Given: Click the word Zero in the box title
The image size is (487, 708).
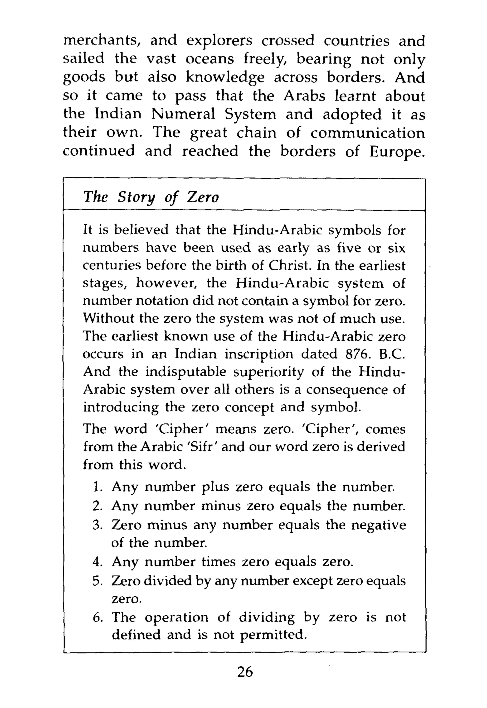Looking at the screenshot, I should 203,197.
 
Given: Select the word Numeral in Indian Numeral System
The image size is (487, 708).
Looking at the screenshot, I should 183,114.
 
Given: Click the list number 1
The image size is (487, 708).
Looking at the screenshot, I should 97,487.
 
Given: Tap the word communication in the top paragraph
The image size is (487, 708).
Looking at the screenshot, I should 367,133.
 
